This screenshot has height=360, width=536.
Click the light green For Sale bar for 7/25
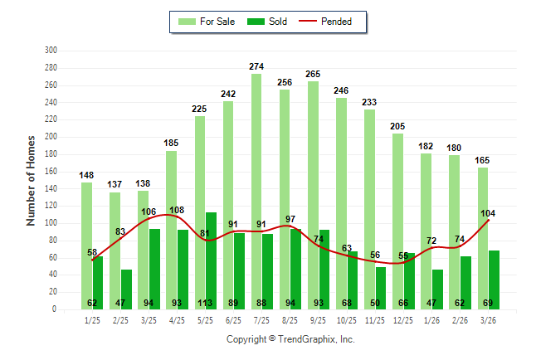[256, 191]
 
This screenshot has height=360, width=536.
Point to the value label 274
[256, 66]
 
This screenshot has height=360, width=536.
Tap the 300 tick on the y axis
[50, 51]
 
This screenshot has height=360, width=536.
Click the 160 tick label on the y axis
[50, 171]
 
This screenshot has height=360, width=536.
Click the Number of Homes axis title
[31, 180]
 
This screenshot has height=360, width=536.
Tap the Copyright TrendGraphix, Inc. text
[290, 339]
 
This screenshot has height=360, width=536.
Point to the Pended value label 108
[177, 211]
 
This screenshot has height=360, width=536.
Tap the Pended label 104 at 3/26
[489, 213]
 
